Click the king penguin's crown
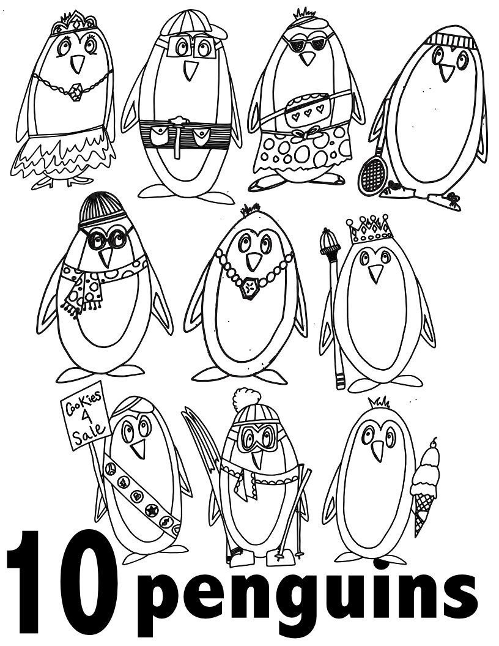tap(370, 229)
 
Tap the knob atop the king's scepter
tap(330, 240)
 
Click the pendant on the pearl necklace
tap(249, 288)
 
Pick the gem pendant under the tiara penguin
tap(75, 92)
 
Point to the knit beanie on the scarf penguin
tap(102, 210)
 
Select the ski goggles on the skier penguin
tap(255, 437)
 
